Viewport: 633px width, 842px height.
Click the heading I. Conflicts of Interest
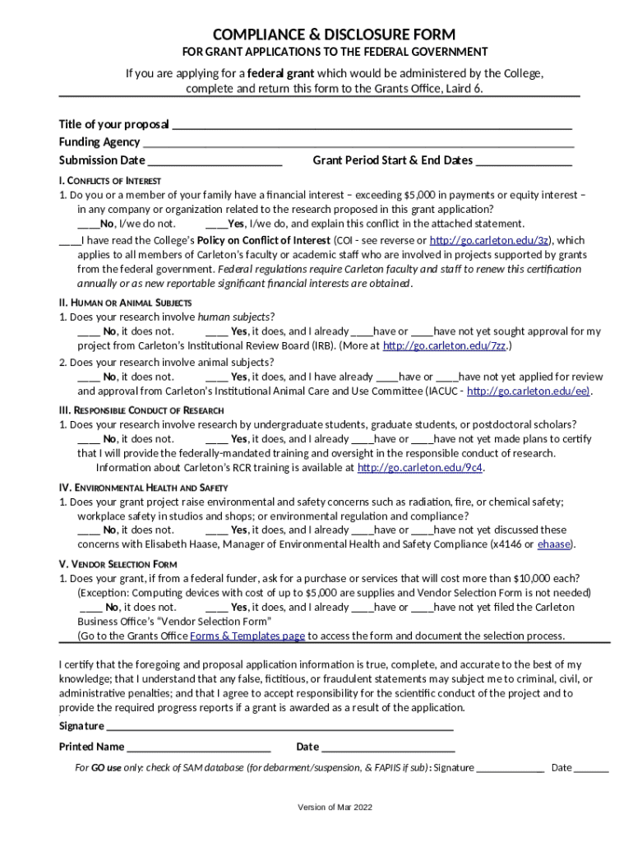coord(110,181)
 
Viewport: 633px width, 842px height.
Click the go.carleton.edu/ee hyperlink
coord(529,391)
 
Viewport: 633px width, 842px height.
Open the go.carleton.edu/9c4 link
coord(420,468)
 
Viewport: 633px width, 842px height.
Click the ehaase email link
coord(554,544)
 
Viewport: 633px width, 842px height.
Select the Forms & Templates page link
coord(247,636)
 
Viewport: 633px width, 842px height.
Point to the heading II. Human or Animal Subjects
coord(125,303)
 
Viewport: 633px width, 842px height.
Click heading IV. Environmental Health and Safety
coord(143,488)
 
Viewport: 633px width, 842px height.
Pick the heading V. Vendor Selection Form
coord(118,564)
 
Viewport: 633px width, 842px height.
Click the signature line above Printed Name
coord(280,727)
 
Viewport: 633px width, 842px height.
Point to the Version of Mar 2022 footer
coord(335,807)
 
